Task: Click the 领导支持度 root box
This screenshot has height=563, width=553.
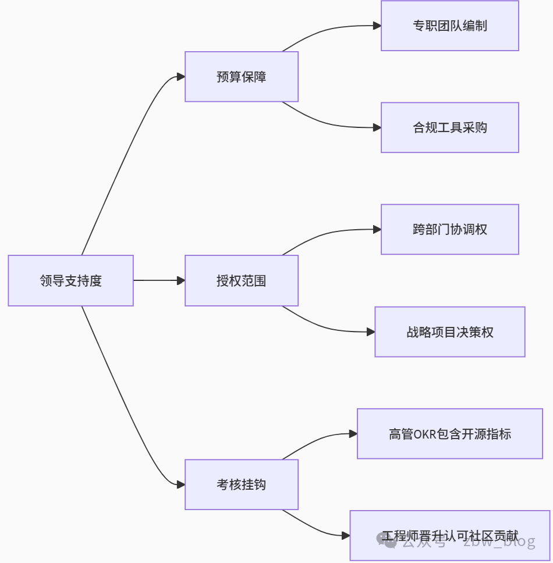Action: tap(70, 280)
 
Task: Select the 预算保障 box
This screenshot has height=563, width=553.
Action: tap(242, 77)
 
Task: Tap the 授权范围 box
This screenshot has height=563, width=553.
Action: tap(242, 280)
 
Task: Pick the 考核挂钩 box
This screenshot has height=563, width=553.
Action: tap(242, 484)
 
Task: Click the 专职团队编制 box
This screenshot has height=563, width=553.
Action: tap(449, 26)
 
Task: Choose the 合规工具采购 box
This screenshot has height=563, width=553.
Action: tap(449, 127)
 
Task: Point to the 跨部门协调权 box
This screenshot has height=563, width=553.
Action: tap(449, 229)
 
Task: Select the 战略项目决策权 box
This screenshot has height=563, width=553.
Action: tap(449, 332)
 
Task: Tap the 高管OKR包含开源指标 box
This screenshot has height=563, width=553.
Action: tap(449, 433)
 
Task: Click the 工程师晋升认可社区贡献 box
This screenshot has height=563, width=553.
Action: tap(449, 536)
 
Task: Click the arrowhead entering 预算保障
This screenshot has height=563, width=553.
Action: tap(180, 77)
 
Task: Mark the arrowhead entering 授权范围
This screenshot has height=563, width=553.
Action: tap(180, 280)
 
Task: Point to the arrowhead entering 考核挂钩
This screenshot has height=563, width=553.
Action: tap(180, 484)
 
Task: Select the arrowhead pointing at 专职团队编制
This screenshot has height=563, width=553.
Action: tap(377, 26)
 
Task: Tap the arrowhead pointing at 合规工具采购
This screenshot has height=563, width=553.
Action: tap(377, 127)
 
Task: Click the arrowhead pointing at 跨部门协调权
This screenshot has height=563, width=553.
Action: tap(377, 229)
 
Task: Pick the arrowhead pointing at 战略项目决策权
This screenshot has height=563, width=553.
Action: tap(370, 332)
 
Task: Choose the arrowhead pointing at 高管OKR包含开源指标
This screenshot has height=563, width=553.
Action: tap(353, 433)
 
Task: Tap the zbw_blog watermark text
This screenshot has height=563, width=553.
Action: tap(499, 541)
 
